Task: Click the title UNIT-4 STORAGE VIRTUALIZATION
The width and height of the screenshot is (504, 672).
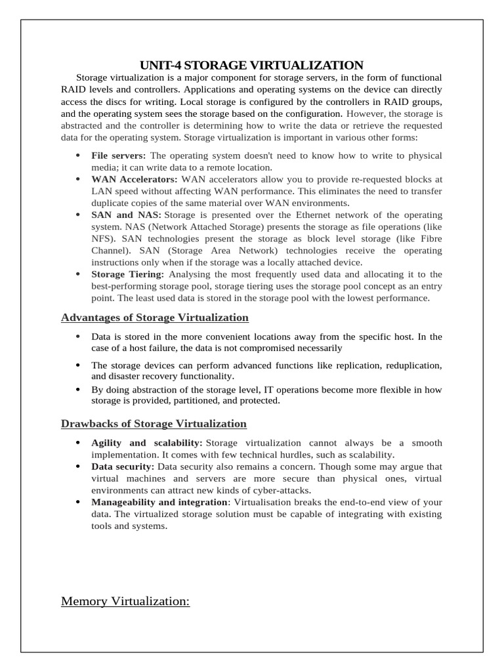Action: pyautogui.click(x=251, y=65)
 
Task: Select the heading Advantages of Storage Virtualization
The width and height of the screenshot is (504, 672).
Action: pyautogui.click(x=155, y=318)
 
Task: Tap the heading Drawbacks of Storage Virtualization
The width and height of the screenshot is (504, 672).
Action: pyautogui.click(x=154, y=423)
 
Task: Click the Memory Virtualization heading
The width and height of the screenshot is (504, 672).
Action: pyautogui.click(x=125, y=601)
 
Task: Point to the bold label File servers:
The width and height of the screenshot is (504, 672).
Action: pyautogui.click(x=119, y=156)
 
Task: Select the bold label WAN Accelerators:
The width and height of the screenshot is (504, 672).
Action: pyautogui.click(x=135, y=179)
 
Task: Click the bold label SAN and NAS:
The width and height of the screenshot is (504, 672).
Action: pyautogui.click(x=126, y=215)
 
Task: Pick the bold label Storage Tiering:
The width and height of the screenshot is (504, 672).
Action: pyautogui.click(x=128, y=274)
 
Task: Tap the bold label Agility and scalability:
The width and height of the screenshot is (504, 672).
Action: pyautogui.click(x=146, y=443)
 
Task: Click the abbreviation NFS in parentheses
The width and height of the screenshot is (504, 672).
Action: pyautogui.click(x=102, y=239)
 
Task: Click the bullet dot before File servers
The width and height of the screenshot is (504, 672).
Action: pyautogui.click(x=78, y=156)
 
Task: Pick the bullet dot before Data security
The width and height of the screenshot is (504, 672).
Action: pyautogui.click(x=78, y=467)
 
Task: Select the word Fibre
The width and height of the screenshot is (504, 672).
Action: pyautogui.click(x=429, y=239)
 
